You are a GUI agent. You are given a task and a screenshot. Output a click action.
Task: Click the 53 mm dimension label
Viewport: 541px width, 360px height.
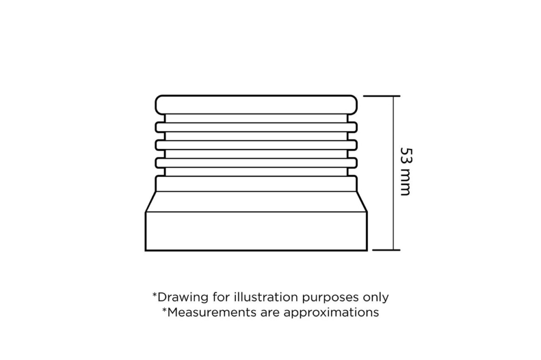[406, 172]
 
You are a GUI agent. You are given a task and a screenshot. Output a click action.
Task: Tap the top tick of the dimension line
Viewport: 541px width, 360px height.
[382, 96]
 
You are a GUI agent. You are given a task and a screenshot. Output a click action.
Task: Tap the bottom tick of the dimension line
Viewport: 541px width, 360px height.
[387, 250]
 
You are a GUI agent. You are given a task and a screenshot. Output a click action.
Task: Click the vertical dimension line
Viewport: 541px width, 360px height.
[393, 173]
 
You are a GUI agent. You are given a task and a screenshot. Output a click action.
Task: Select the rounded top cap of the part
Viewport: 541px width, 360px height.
[256, 104]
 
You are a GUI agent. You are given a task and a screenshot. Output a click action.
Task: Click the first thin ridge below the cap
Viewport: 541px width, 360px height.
[256, 127]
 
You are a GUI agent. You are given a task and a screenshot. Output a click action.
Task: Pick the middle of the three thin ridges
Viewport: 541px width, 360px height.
[256, 145]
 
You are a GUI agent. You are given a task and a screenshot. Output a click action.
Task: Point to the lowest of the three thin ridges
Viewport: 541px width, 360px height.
[256, 163]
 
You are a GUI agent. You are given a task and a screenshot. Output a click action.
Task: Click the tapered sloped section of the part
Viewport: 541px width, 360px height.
[256, 202]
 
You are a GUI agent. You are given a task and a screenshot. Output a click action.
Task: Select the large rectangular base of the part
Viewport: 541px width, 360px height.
[256, 231]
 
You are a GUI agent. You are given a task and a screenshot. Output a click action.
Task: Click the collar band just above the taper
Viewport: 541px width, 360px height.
[256, 184]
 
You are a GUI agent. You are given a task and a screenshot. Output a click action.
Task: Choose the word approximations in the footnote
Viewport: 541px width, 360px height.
[331, 313]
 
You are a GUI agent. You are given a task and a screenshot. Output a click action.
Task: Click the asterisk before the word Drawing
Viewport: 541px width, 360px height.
[154, 294]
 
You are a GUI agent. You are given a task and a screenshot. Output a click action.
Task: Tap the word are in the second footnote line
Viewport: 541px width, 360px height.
[270, 313]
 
